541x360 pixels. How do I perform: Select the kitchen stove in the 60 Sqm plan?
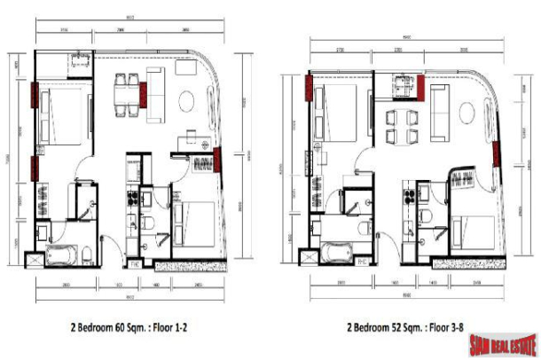click(133, 197)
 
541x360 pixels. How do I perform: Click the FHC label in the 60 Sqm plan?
click(135, 263)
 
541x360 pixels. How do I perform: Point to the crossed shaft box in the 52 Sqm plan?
click(309, 256)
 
